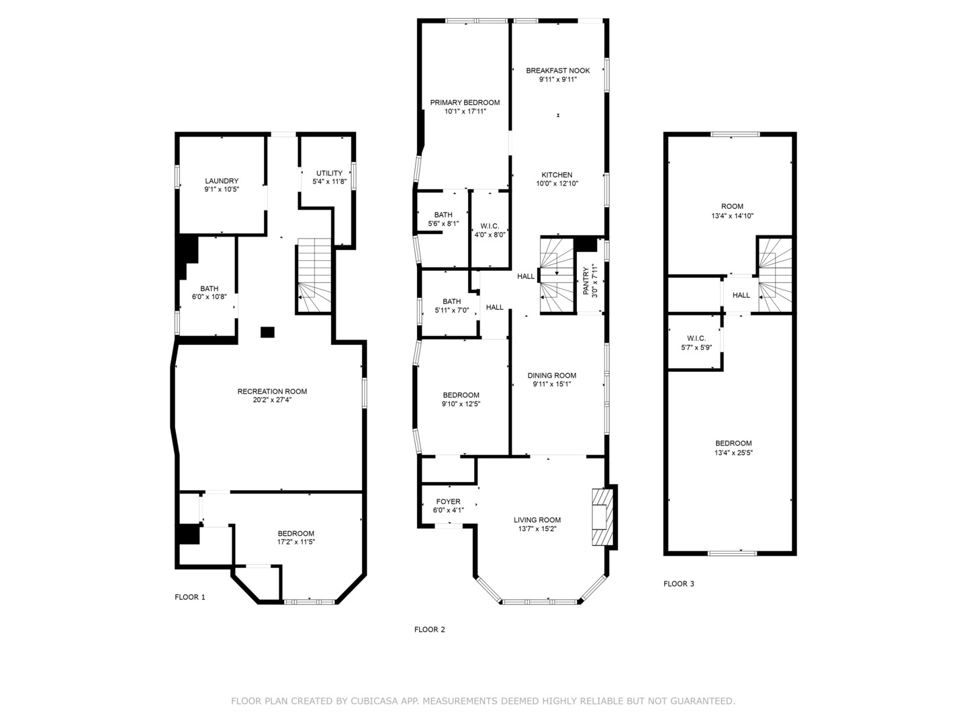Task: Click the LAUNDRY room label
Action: [x=222, y=181]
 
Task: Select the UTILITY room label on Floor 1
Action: [x=329, y=173]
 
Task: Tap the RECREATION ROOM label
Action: [x=272, y=391]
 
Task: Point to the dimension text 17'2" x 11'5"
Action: [x=296, y=542]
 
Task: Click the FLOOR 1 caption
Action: [x=190, y=597]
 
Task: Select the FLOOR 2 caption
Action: [x=430, y=630]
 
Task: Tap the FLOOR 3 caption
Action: [x=679, y=583]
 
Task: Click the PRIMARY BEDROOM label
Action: [x=465, y=103]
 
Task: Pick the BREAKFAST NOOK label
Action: [x=557, y=71]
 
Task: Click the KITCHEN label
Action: [x=557, y=175]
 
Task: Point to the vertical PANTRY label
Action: [x=586, y=282]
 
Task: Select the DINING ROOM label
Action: [x=551, y=376]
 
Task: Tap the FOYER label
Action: [x=448, y=501]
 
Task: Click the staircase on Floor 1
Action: [x=314, y=276]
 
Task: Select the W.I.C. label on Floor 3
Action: [x=696, y=338]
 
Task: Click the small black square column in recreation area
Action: [x=267, y=331]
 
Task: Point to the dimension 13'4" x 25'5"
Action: [x=733, y=452]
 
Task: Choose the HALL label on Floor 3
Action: [x=741, y=295]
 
